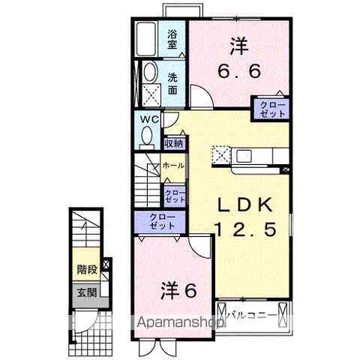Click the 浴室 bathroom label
(x=172, y=39)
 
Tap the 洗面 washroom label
(x=172, y=83)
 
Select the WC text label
(x=148, y=119)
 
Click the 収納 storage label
(x=174, y=142)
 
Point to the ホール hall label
(x=173, y=165)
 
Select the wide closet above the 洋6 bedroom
(x=161, y=221)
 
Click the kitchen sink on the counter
(x=244, y=156)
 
